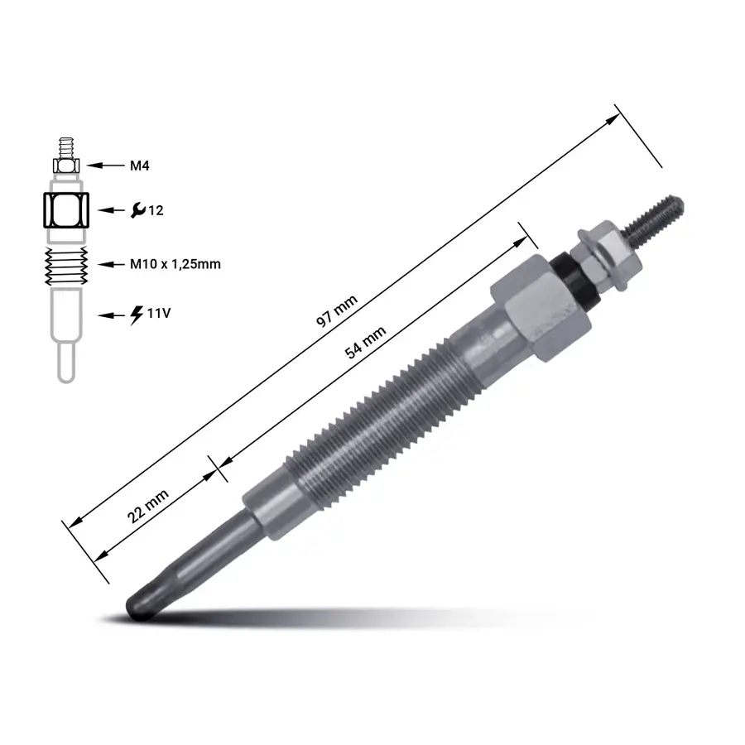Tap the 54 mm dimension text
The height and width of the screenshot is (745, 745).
pos(365,342)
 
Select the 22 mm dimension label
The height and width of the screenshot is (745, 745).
pos(148,506)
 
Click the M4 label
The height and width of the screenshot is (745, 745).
pos(140,166)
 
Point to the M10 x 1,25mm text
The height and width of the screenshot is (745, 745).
pos(175,264)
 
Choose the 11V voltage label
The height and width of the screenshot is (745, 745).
pos(159,313)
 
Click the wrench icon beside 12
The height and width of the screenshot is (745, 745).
pos(137,209)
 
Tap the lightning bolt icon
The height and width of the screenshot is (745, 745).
pos(137,315)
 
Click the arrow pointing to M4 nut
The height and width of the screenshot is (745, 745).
pos(105,166)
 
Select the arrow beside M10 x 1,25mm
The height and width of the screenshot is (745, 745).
pos(111,264)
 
